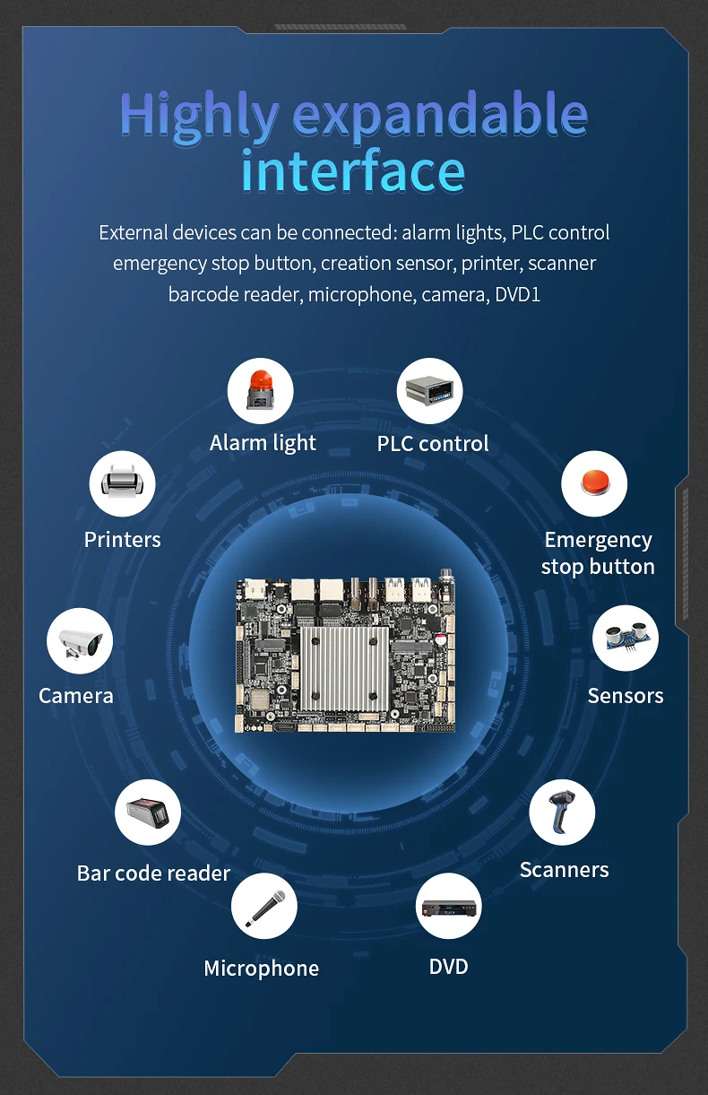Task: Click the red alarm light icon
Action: pyautogui.click(x=261, y=391)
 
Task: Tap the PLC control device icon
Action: pyautogui.click(x=429, y=391)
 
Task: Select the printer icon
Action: pyautogui.click(x=122, y=484)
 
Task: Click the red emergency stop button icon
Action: pyautogui.click(x=594, y=483)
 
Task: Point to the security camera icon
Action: pyautogui.click(x=80, y=641)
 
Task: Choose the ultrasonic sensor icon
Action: pyautogui.click(x=626, y=639)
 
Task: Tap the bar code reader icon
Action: pyautogui.click(x=148, y=813)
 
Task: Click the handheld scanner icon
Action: pyautogui.click(x=562, y=813)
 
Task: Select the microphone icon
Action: pyautogui.click(x=264, y=906)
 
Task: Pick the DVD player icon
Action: pyautogui.click(x=448, y=906)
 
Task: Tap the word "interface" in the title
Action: pyautogui.click(x=353, y=171)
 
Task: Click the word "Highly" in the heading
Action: pyautogui.click(x=200, y=115)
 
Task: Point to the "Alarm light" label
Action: pyautogui.click(x=263, y=443)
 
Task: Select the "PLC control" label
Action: pyautogui.click(x=433, y=443)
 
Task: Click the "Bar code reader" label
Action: pyautogui.click(x=153, y=873)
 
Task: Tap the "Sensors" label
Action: pyautogui.click(x=626, y=696)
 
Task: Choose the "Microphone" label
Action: pyautogui.click(x=261, y=969)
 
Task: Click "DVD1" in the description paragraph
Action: pyautogui.click(x=518, y=294)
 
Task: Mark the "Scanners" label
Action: pyautogui.click(x=564, y=870)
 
